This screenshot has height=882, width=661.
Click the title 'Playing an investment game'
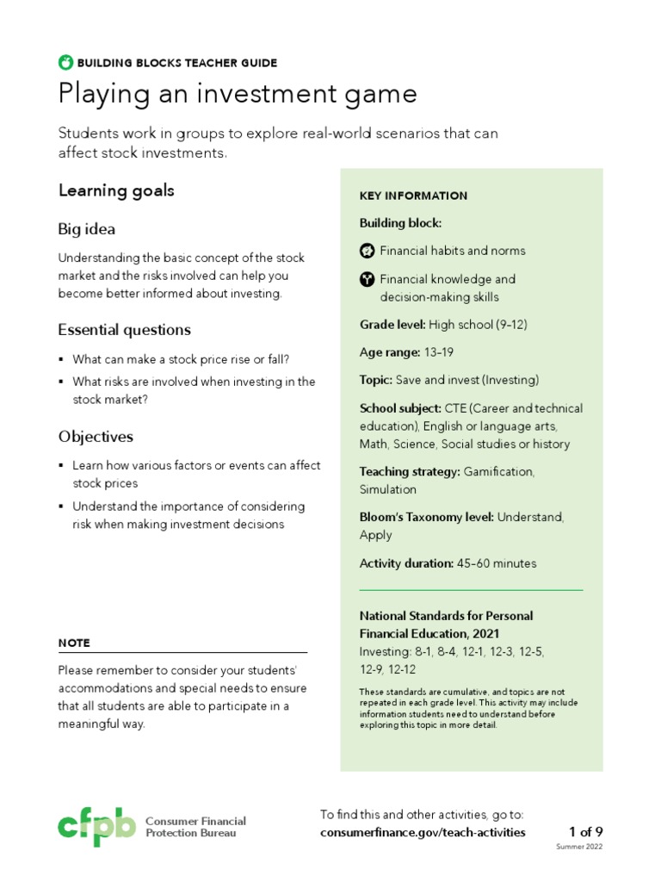pyautogui.click(x=238, y=94)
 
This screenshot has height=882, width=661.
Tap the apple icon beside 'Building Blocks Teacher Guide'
pyautogui.click(x=65, y=62)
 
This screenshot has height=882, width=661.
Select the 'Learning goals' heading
pyautogui.click(x=116, y=191)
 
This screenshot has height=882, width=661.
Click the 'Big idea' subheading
pyautogui.click(x=87, y=229)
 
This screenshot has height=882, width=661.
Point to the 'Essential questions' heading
pyautogui.click(x=125, y=330)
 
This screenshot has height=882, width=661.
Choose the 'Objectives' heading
pyautogui.click(x=96, y=437)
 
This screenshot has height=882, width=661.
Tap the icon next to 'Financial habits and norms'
pyautogui.click(x=367, y=251)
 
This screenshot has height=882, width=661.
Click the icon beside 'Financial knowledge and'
pyautogui.click(x=367, y=279)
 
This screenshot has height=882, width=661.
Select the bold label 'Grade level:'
pyautogui.click(x=392, y=325)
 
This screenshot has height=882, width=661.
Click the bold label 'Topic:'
pyautogui.click(x=376, y=380)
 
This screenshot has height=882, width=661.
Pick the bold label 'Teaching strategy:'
pyautogui.click(x=410, y=472)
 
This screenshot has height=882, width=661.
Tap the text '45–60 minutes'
pyautogui.click(x=497, y=563)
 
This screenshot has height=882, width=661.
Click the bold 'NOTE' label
pyautogui.click(x=74, y=643)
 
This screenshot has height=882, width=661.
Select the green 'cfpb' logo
pyautogui.click(x=96, y=826)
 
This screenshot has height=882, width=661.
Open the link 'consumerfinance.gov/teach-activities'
pyautogui.click(x=422, y=833)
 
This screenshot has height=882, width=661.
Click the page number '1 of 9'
pyautogui.click(x=585, y=832)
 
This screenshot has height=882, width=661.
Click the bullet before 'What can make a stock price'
pyautogui.click(x=61, y=359)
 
